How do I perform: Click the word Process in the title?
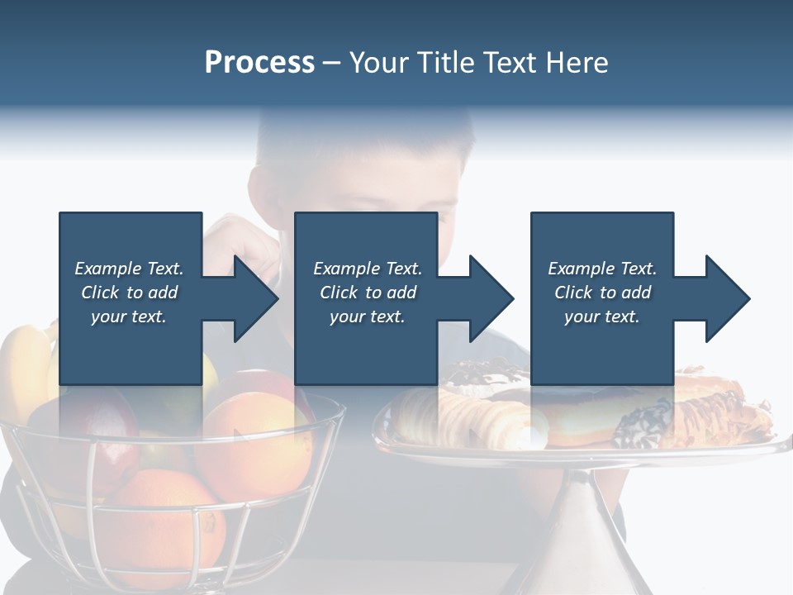tap(259, 63)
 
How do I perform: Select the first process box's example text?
tap(129, 293)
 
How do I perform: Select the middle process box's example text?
tap(367, 293)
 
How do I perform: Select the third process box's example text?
tap(602, 293)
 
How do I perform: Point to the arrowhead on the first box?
tap(252, 298)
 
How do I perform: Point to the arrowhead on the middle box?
tap(489, 298)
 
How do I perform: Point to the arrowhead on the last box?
tap(726, 298)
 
